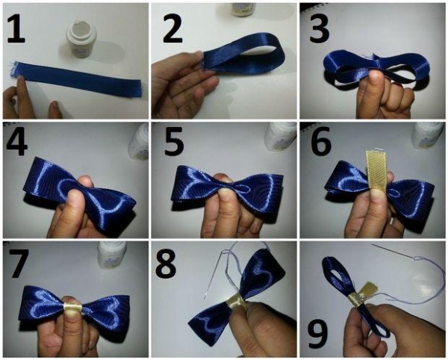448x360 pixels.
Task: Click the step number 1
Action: pos(16,28)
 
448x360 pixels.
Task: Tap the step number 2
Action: pos(172,28)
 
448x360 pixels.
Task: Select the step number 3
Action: pos(320,28)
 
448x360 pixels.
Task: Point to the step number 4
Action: pos(17,143)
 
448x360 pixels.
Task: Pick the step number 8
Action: pos(166,263)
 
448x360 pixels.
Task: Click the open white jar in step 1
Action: pos(81,40)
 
